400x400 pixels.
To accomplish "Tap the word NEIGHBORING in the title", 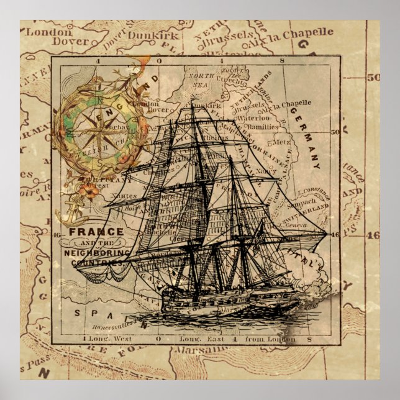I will tap(96, 253).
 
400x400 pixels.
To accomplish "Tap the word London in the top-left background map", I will tap(43, 30).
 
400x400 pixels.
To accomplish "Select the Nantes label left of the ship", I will tap(124, 195).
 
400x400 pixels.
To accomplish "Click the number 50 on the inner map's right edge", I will tap(336, 132).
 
